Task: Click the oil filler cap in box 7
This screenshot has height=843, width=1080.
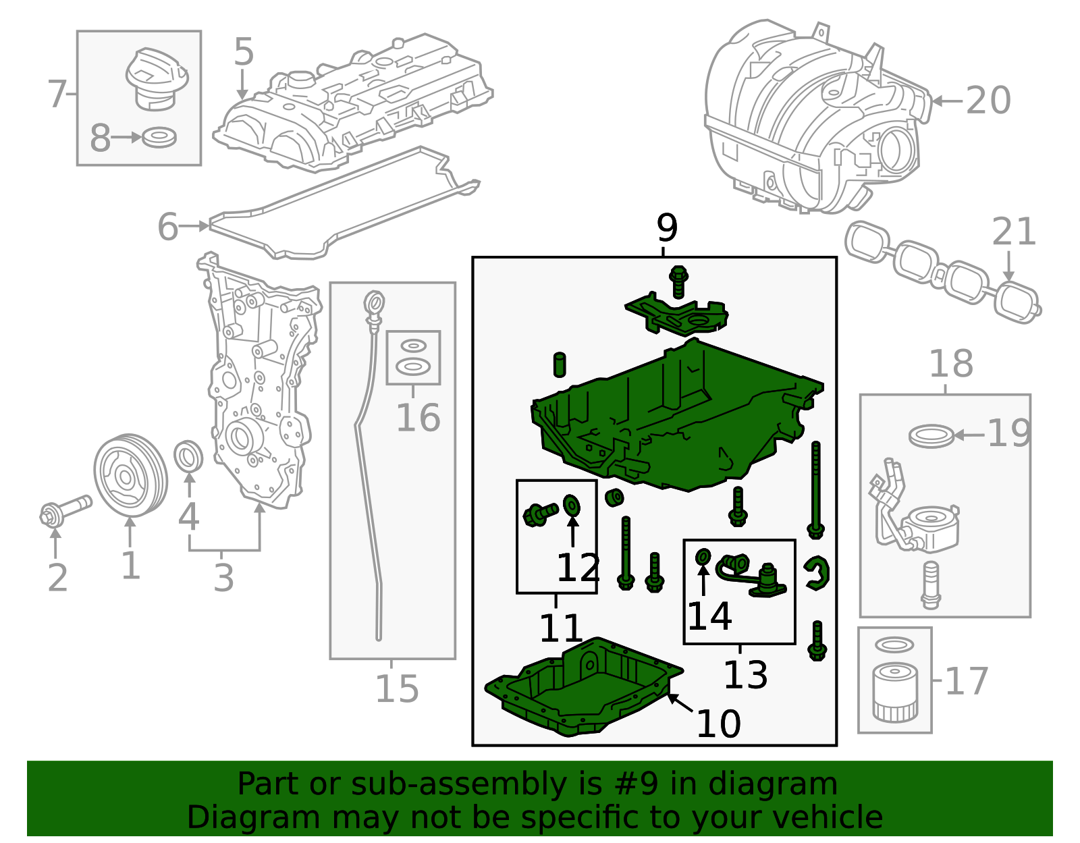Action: pyautogui.click(x=154, y=77)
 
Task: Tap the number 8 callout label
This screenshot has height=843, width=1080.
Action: pyautogui.click(x=100, y=138)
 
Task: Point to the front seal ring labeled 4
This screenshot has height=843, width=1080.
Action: pyautogui.click(x=188, y=457)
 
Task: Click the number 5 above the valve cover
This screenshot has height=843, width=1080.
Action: pyautogui.click(x=244, y=52)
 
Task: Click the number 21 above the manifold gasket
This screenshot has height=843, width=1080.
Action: pyautogui.click(x=1013, y=232)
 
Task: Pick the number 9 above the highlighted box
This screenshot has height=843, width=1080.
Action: pyautogui.click(x=666, y=228)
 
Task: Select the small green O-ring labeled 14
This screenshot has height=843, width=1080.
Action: pyautogui.click(x=703, y=557)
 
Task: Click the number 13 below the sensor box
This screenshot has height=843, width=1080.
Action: pyautogui.click(x=745, y=674)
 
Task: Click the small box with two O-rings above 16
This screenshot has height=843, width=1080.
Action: pyautogui.click(x=413, y=357)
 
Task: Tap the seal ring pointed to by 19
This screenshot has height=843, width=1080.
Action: pyautogui.click(x=931, y=435)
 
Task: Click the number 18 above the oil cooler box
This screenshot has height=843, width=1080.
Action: pyautogui.click(x=951, y=364)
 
